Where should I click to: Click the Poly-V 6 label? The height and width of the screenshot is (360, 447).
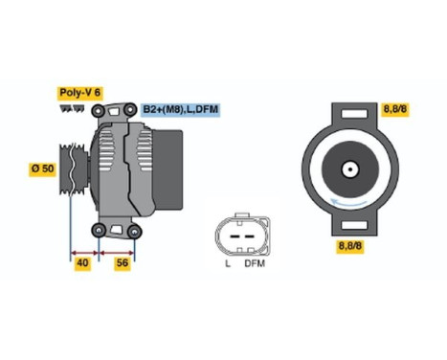pyautogui.click(x=80, y=92)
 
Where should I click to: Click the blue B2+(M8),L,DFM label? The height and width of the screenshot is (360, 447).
pyautogui.click(x=182, y=110)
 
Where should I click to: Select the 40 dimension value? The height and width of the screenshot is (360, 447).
pyautogui.click(x=82, y=263)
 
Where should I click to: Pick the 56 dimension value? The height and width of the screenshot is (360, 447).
pyautogui.click(x=122, y=263)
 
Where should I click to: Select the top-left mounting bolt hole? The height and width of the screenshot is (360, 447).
pyautogui.click(x=102, y=112)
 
